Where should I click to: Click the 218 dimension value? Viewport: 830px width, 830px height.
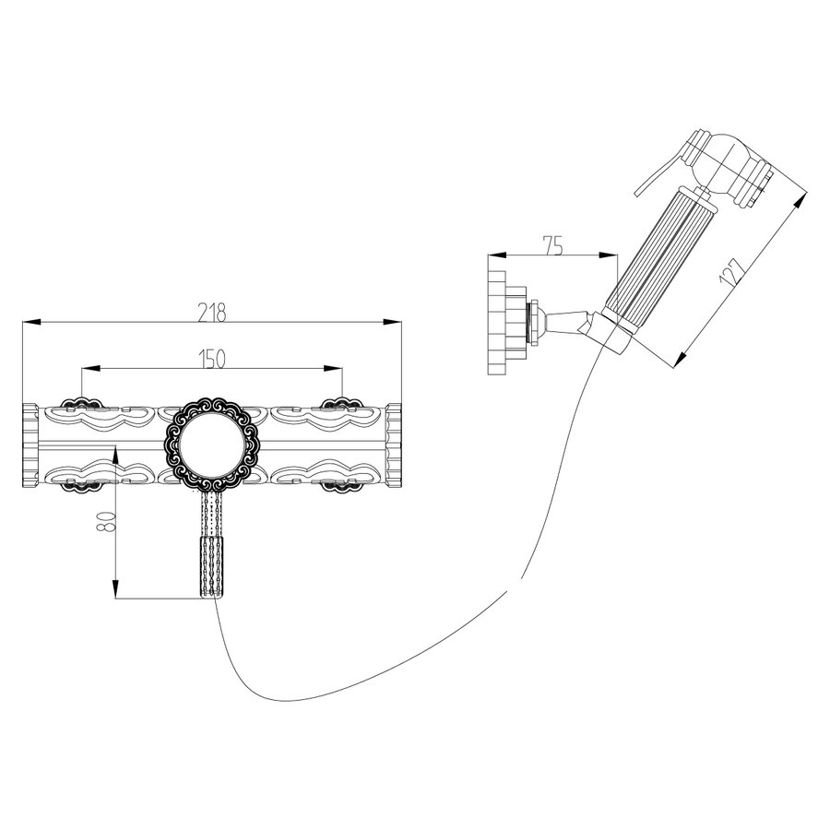212,313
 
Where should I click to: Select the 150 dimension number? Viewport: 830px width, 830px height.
212,359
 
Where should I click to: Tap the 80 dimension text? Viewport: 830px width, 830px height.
106,521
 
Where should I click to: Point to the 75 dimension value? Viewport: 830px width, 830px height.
552,245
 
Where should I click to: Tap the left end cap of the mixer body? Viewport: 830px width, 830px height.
30,445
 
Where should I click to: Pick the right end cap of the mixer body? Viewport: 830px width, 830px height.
394,445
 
